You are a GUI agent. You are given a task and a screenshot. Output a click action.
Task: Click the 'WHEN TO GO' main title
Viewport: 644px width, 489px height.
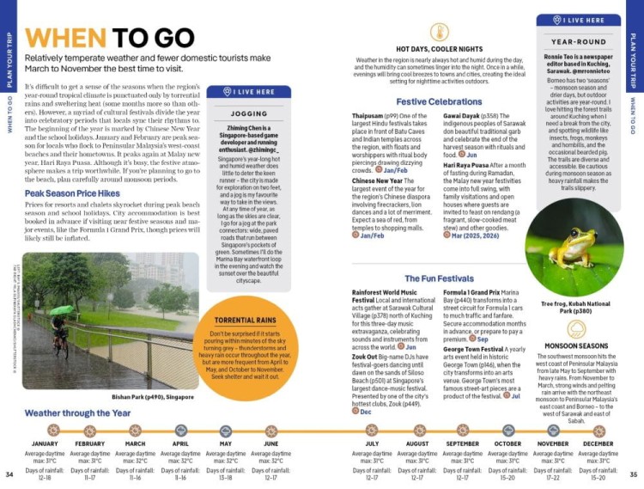(x=107, y=39)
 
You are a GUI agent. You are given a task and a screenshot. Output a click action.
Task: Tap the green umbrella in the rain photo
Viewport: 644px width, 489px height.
(x=60, y=310)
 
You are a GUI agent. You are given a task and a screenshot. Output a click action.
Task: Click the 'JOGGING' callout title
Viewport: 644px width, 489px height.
(x=249, y=113)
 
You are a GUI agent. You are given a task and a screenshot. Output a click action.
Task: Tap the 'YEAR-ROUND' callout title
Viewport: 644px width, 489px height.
(x=578, y=41)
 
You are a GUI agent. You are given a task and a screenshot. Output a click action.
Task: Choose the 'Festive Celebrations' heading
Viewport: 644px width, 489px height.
(x=439, y=101)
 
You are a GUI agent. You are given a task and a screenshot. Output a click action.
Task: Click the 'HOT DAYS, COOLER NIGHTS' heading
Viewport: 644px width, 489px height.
(x=439, y=50)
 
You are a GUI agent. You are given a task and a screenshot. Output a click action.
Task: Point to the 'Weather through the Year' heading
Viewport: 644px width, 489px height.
(x=78, y=413)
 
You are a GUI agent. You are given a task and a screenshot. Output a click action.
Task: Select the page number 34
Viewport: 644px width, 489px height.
(x=9, y=474)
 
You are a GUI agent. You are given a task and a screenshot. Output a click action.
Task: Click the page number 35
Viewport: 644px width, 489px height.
(x=634, y=474)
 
